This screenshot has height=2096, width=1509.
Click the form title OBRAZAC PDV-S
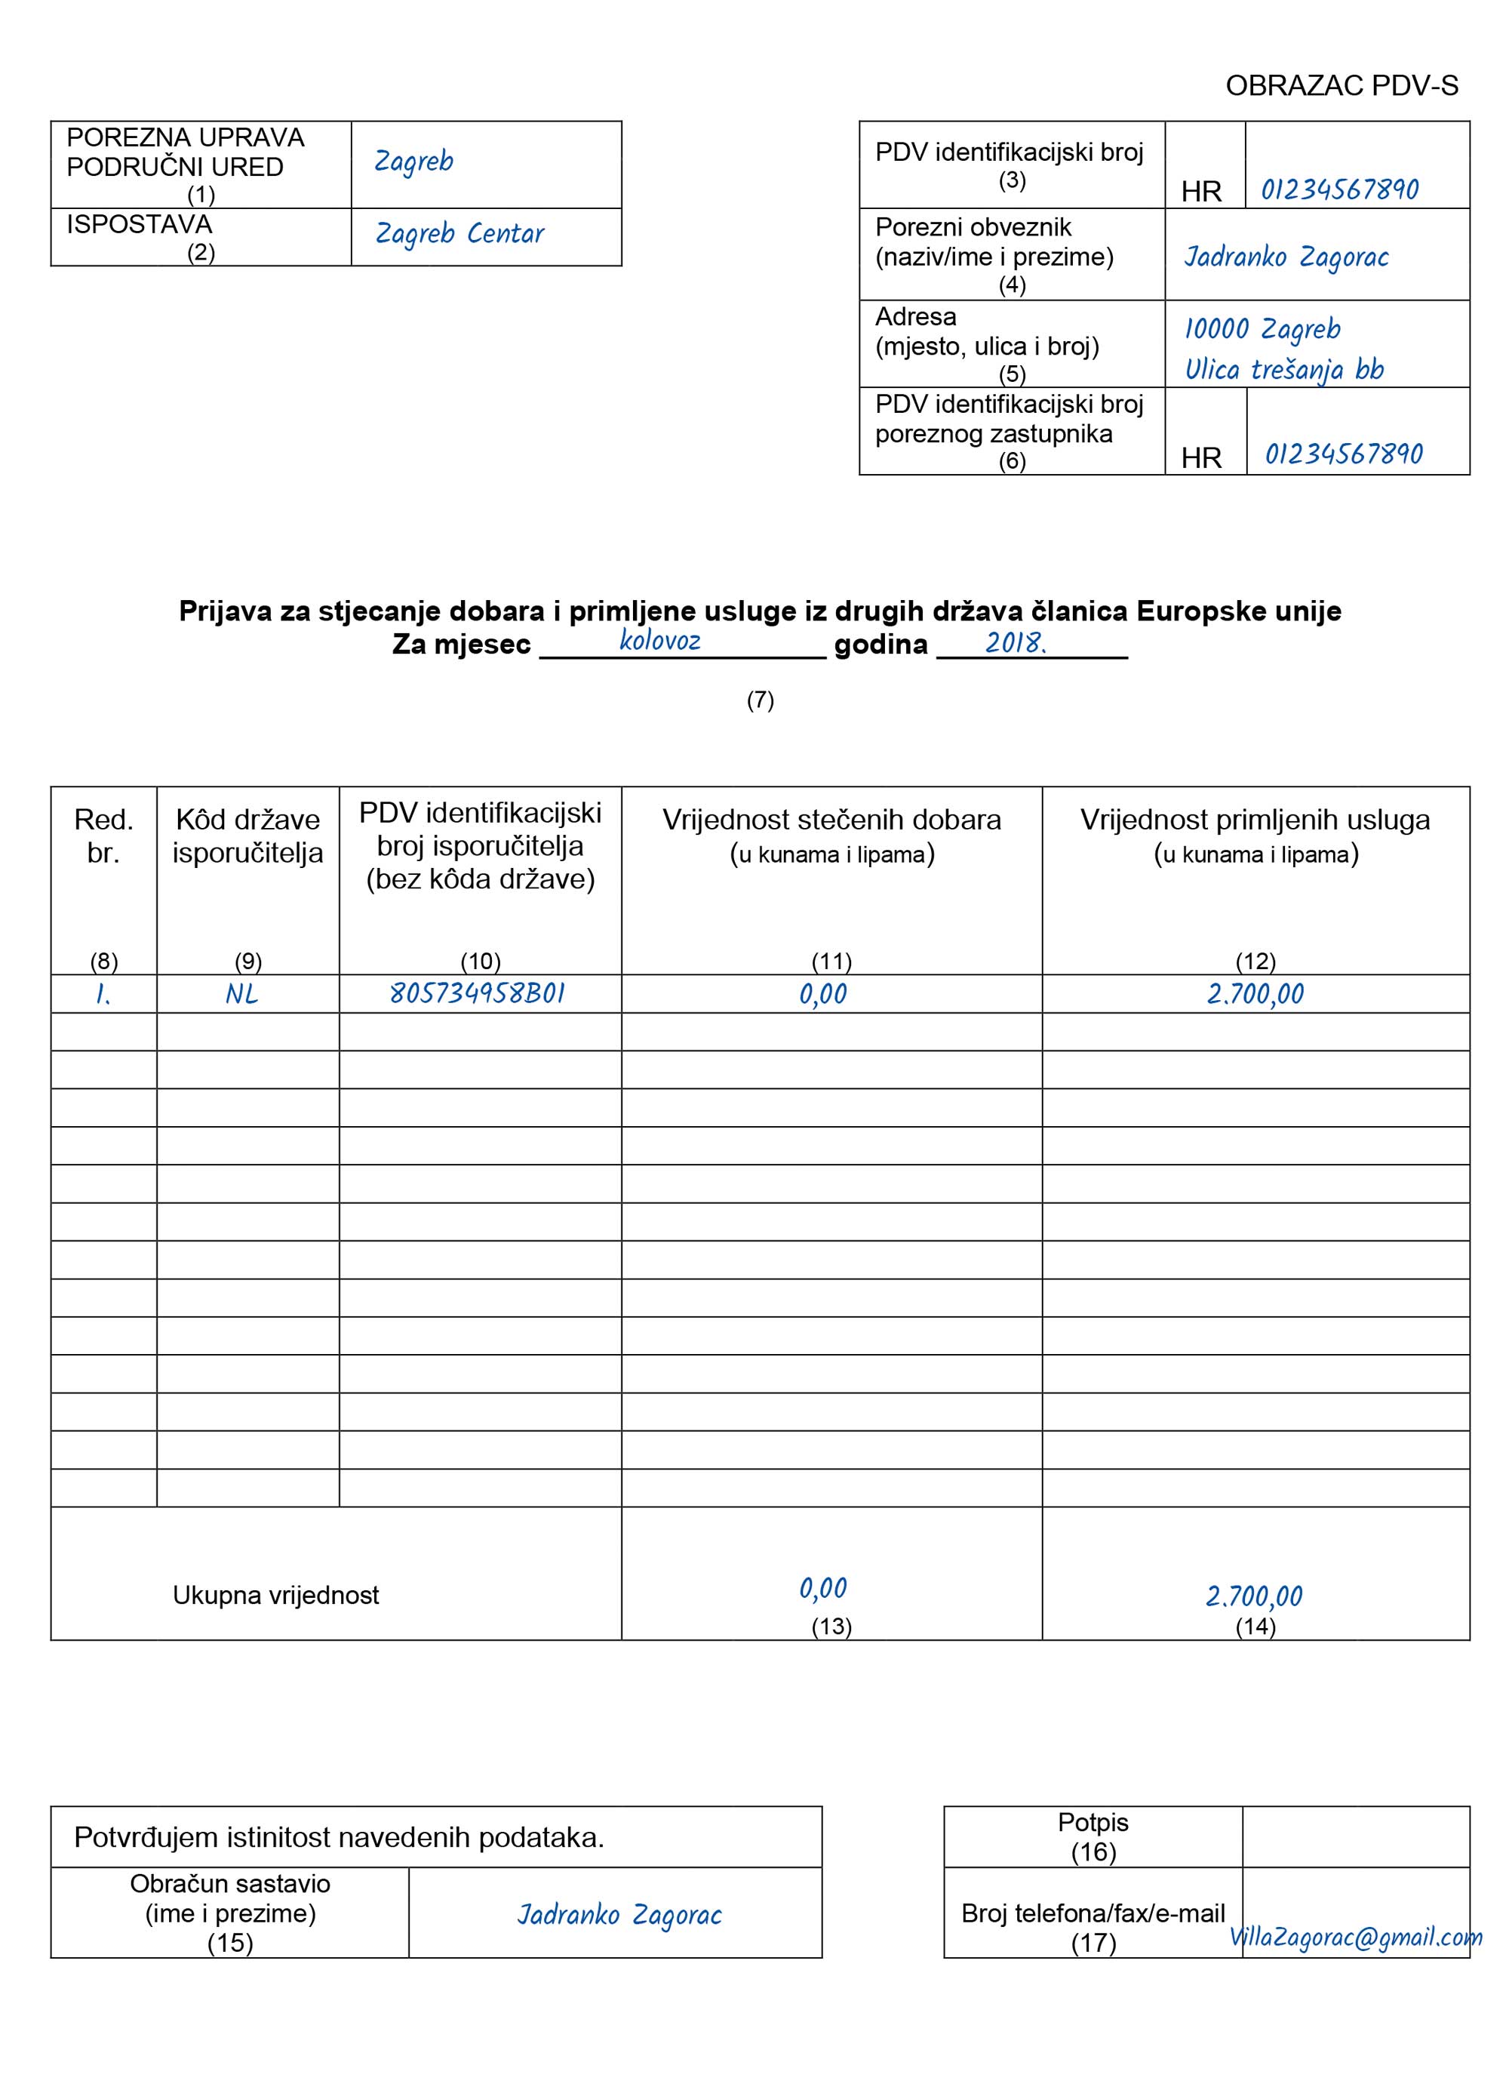[1341, 86]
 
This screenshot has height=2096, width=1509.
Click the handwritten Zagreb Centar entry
[459, 234]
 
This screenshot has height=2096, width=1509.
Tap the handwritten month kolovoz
[659, 641]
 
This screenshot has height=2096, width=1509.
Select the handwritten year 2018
[1015, 642]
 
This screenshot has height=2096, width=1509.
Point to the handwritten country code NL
[241, 994]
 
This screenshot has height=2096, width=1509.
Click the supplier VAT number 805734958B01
[477, 993]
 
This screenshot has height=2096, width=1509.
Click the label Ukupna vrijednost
[275, 1595]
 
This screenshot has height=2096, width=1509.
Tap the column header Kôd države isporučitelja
[247, 836]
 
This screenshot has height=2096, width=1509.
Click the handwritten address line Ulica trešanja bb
[1284, 370]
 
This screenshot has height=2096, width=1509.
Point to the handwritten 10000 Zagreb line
[1262, 329]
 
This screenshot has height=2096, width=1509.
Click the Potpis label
[1093, 1823]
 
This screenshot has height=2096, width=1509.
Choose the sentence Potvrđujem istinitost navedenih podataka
[339, 1837]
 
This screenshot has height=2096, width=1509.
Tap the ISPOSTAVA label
[140, 225]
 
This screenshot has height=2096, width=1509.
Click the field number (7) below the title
[760, 700]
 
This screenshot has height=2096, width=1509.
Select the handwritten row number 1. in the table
[103, 994]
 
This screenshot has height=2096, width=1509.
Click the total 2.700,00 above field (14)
[1254, 1596]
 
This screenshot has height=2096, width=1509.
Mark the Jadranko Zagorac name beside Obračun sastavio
[619, 1915]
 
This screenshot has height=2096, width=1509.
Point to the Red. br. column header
[103, 836]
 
